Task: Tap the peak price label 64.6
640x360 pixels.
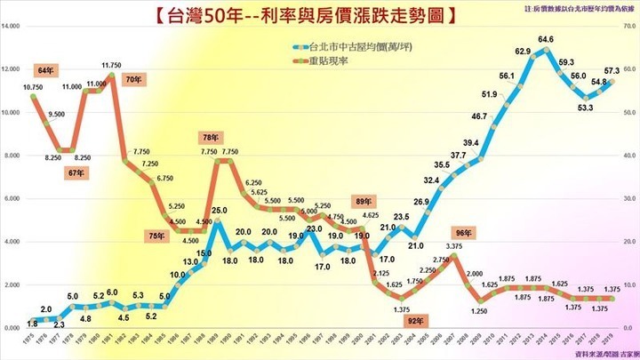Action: [x=546, y=39]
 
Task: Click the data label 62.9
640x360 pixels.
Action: [x=524, y=51]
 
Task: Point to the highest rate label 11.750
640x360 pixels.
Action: [x=111, y=65]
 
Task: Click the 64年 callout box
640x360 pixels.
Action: [x=46, y=69]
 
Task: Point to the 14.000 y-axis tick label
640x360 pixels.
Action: [x=12, y=27]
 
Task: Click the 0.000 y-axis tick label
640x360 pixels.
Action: [x=12, y=328]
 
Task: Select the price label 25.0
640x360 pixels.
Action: [x=219, y=211]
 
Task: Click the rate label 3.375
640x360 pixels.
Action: [x=453, y=246]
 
